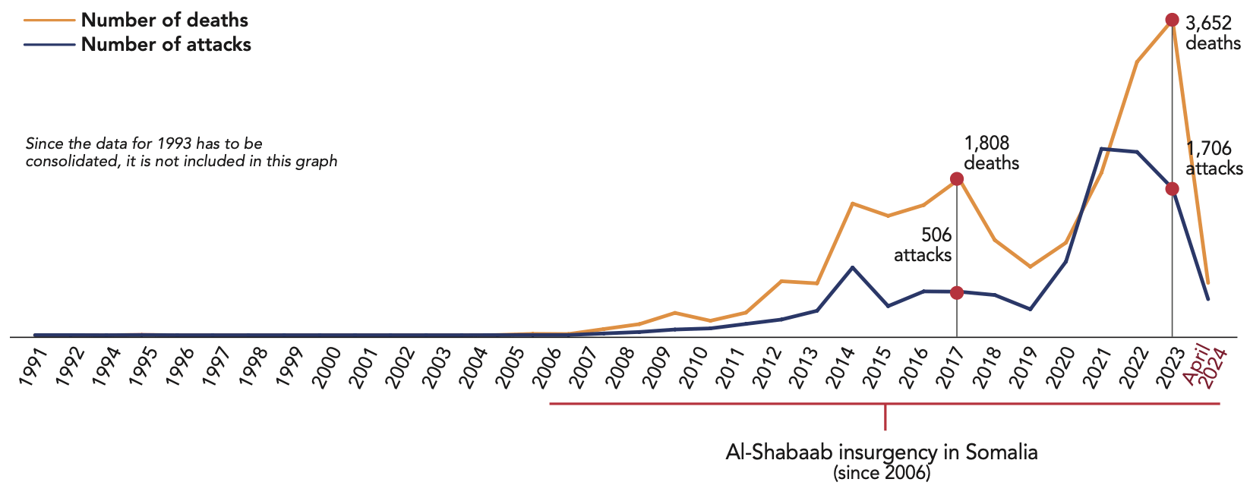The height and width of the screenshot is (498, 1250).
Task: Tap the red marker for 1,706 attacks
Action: point(1172,189)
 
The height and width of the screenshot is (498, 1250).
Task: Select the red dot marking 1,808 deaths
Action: point(957,178)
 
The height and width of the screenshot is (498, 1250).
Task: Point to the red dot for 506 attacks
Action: point(957,292)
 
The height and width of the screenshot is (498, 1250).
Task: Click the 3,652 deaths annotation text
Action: point(1212,33)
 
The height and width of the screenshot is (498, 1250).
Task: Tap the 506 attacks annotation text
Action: point(923,244)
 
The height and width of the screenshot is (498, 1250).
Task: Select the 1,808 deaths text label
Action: point(991,153)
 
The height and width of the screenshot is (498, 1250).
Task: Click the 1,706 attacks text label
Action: point(1214,158)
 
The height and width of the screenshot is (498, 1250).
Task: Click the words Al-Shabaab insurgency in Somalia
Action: point(882,452)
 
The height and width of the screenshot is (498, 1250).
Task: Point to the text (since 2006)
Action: point(882,474)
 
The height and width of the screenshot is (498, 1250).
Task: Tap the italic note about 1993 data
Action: point(182,152)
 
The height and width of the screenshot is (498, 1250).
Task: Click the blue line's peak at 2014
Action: point(852,267)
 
